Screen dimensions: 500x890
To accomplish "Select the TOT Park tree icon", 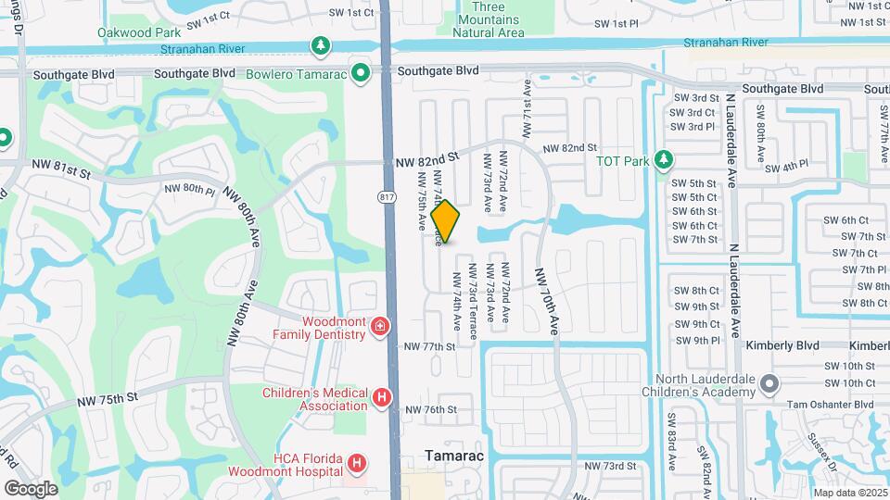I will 663,159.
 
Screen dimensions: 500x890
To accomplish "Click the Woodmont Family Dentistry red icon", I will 379,326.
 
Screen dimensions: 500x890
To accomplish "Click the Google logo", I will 31,488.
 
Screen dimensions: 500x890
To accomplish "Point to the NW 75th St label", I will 107,400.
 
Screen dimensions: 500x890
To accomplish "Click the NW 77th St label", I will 429,347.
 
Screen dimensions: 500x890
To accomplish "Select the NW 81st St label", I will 60,171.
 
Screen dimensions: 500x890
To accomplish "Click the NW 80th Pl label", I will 189,189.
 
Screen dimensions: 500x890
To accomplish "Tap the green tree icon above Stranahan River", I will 320,44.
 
